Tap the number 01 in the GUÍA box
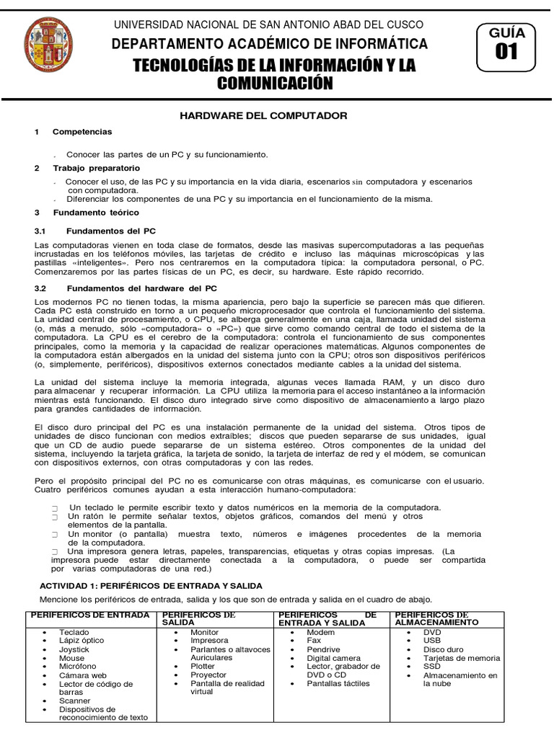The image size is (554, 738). click(x=506, y=53)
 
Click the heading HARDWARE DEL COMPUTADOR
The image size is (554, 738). click(x=263, y=115)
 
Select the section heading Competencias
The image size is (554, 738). click(x=82, y=132)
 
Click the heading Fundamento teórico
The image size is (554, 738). click(x=96, y=213)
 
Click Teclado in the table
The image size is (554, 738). click(x=74, y=632)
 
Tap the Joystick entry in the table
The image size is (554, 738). click(x=75, y=649)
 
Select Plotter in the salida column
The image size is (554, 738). click(x=204, y=667)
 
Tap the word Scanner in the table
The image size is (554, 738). click(x=75, y=701)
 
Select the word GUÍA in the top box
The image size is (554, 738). click(x=507, y=32)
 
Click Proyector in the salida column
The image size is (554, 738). click(x=208, y=675)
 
